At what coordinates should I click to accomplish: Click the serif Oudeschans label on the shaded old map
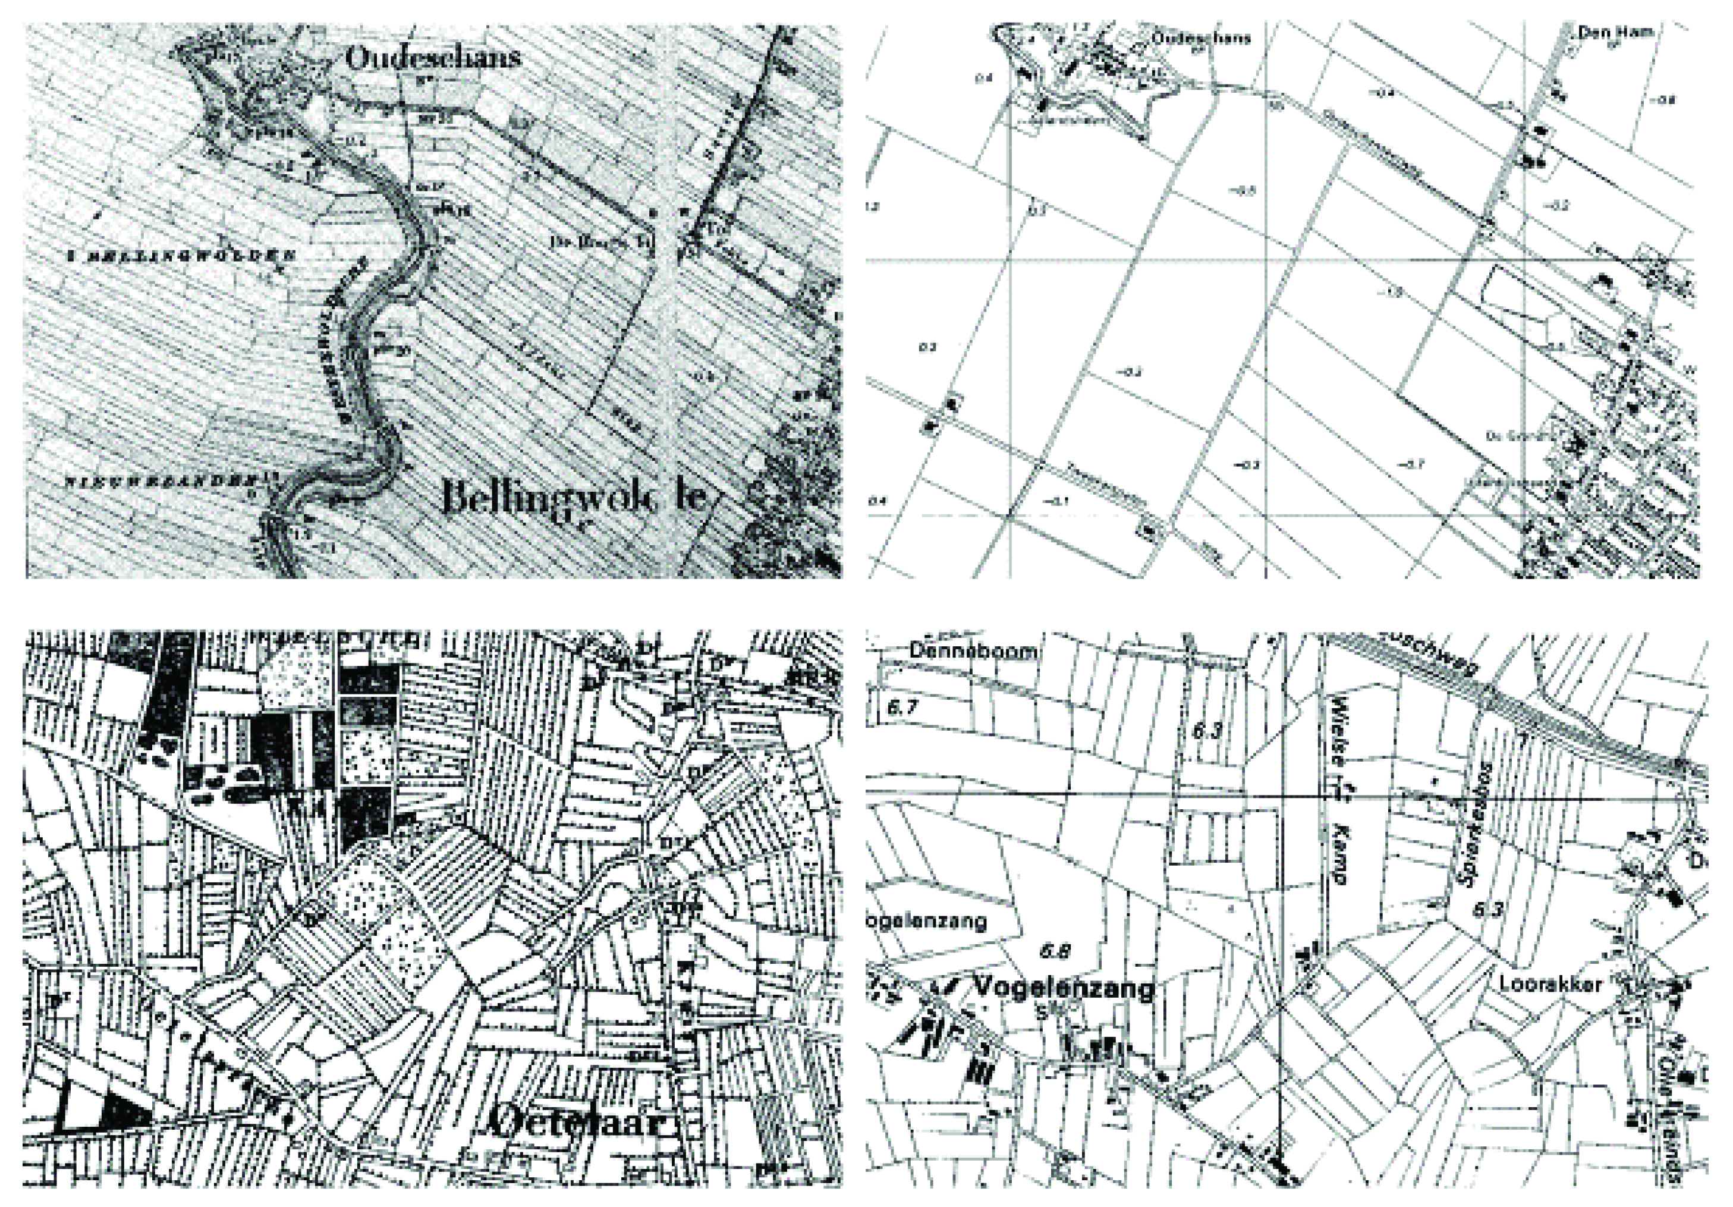[x=433, y=57]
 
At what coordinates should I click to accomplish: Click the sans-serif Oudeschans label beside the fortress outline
[x=1201, y=37]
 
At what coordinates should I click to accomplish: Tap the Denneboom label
[x=972, y=650]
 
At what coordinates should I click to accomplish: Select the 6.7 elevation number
[x=901, y=708]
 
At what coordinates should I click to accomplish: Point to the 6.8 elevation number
[x=1055, y=951]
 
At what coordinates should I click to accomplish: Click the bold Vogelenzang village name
[x=1064, y=988]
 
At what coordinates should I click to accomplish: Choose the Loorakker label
[x=1550, y=984]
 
